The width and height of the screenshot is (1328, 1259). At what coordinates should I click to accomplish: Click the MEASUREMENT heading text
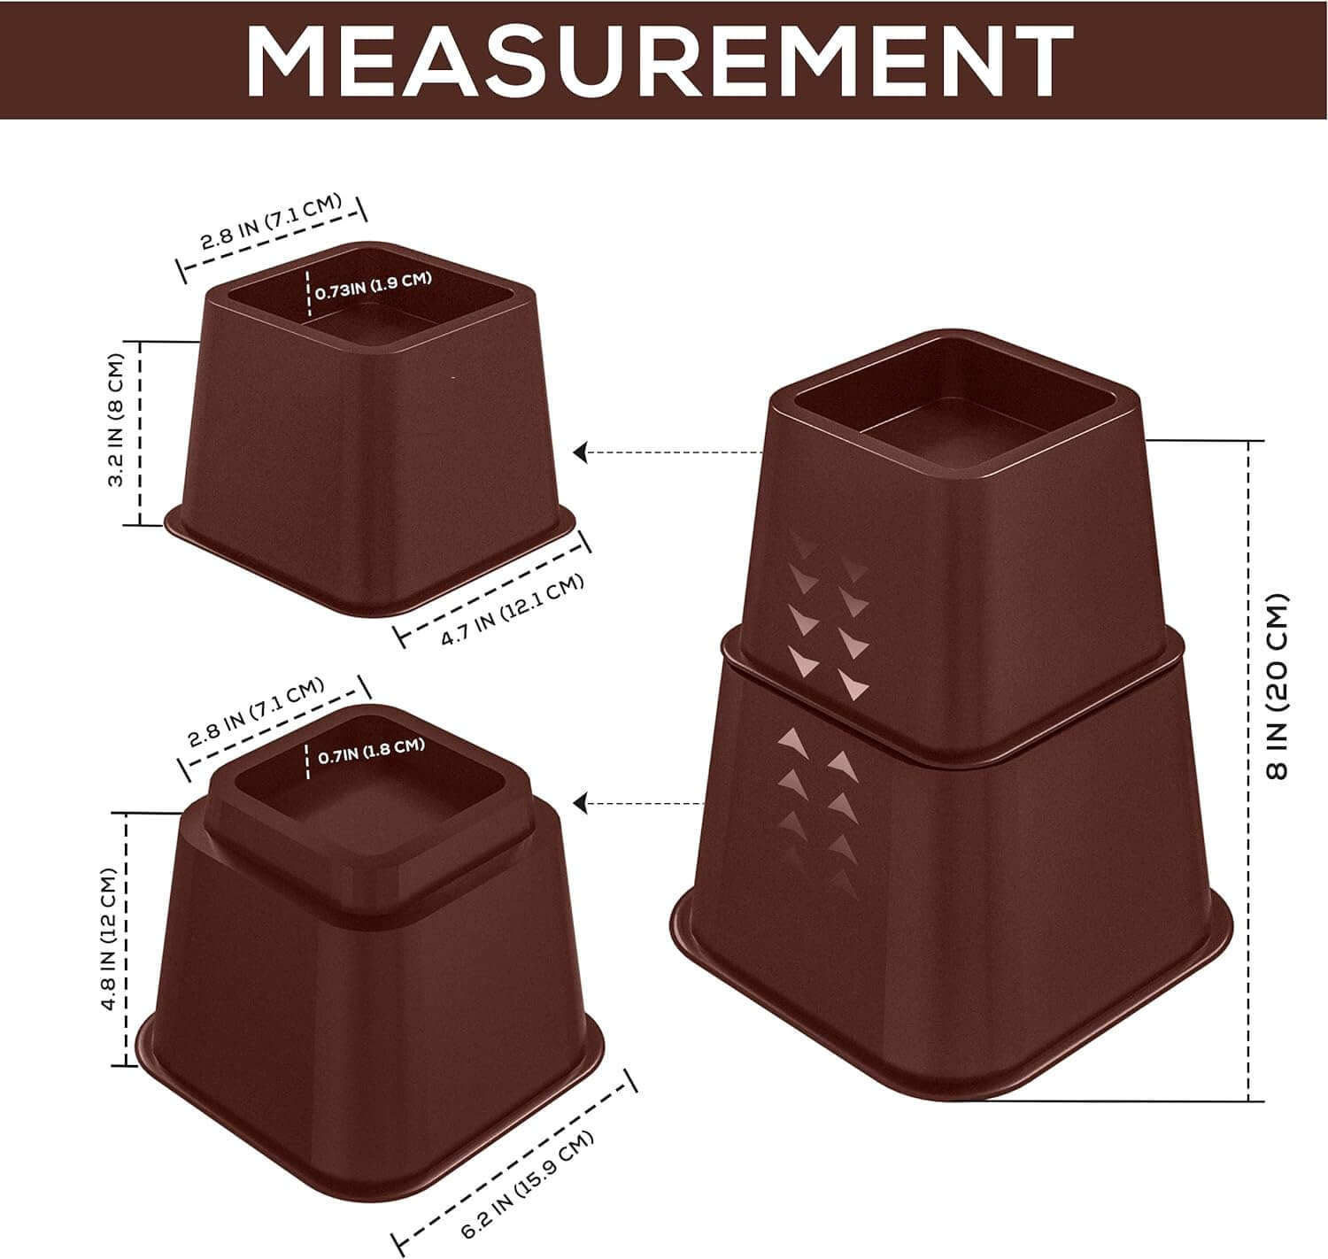point(659,62)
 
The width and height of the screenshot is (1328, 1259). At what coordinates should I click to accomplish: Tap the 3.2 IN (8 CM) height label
point(116,421)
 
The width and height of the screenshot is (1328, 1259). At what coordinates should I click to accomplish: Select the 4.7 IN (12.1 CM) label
point(512,609)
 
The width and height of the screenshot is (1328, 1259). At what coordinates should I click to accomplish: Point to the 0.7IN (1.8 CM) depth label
point(372,750)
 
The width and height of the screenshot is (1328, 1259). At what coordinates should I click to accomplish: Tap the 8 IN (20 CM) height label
point(1277,686)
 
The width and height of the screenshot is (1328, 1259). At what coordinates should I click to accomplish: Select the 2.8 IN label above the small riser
point(271,221)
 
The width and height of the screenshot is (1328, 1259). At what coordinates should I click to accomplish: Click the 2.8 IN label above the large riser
point(256,713)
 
